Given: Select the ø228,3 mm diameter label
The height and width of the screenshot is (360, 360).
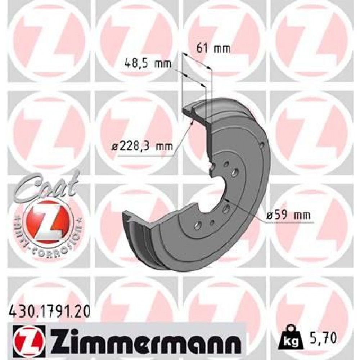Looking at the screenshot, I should tap(142, 147).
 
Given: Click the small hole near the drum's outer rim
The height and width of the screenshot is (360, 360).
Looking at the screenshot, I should tap(262, 145).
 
